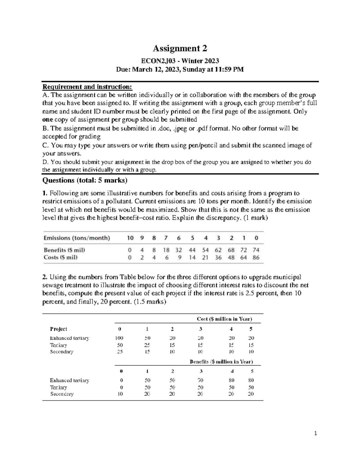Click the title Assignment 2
(180, 48)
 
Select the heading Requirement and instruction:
(87, 87)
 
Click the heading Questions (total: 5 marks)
(85, 180)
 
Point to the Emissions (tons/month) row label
(77, 238)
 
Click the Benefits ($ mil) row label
(64, 250)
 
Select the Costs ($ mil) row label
(61, 257)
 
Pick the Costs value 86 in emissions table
(256, 257)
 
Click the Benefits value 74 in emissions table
(256, 250)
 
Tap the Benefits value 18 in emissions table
(166, 250)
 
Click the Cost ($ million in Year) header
(224, 319)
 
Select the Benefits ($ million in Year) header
(221, 362)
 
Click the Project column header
(58, 329)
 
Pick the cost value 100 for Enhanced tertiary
(119, 338)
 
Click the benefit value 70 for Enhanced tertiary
(200, 380)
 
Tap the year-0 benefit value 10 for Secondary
(120, 394)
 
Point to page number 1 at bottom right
(316, 433)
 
